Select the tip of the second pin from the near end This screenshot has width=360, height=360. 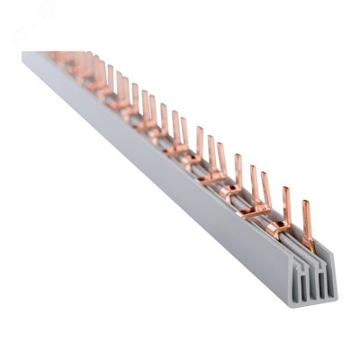tap(284, 189)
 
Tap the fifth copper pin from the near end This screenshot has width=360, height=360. tap(239, 171)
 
